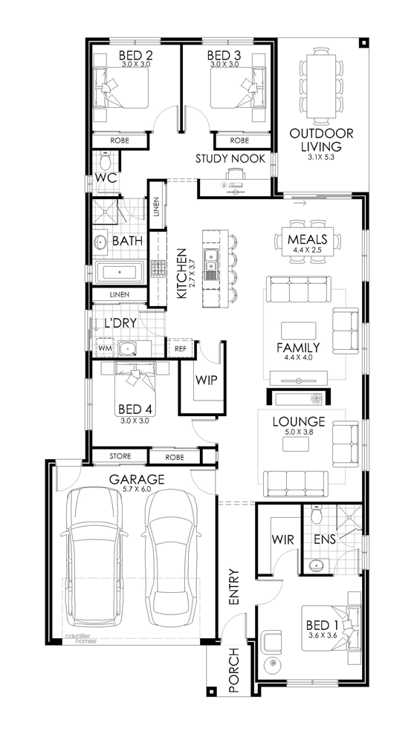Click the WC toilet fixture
(105, 161)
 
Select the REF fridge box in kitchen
(180, 348)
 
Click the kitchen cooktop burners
(158, 267)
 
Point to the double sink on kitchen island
(210, 264)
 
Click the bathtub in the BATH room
(120, 273)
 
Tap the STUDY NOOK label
(230, 159)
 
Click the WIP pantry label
(206, 380)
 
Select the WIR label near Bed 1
(283, 539)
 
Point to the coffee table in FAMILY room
(299, 330)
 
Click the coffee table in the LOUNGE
(296, 444)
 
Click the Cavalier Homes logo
(80, 637)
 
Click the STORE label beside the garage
(120, 456)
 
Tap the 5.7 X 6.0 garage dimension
(137, 489)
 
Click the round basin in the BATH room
(101, 241)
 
